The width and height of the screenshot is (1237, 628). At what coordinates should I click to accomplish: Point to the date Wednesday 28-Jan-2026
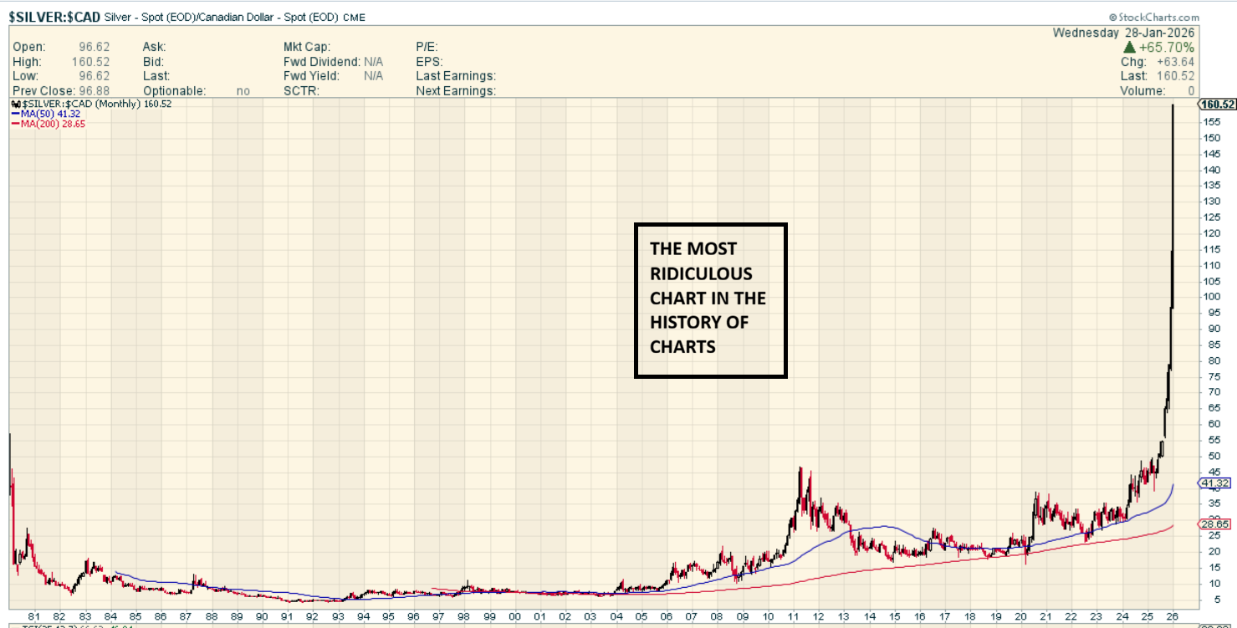pos(1124,33)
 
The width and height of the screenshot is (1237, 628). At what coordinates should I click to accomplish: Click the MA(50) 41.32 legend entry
pos(49,113)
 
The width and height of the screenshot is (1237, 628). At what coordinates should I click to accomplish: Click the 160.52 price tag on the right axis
pos(1217,105)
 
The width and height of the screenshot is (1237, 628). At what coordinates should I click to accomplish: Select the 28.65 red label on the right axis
pos(1214,524)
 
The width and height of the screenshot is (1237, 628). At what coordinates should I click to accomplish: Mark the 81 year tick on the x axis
pos(34,616)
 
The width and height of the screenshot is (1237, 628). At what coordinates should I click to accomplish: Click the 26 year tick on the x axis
pos(1173,616)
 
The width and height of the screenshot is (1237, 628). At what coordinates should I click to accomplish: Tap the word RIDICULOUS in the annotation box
pos(701,273)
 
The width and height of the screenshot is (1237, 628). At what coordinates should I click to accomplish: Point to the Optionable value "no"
pos(243,90)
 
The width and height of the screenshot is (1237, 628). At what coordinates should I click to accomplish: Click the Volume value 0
pos(1190,90)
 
